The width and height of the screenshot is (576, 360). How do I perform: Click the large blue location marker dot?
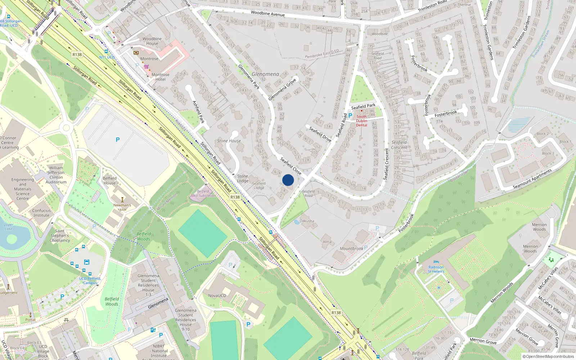288,180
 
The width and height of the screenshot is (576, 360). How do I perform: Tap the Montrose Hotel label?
160,77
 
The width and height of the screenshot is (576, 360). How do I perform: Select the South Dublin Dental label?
361,121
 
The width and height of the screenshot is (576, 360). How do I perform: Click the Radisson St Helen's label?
436,269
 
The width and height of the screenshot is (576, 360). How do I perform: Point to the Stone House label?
229,141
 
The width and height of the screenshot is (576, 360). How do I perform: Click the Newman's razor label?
122,207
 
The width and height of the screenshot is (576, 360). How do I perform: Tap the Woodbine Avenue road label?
267,14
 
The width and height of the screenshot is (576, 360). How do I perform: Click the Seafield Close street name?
291,166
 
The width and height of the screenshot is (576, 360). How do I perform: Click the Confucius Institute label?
41,213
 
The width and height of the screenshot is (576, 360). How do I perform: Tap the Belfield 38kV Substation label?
203,194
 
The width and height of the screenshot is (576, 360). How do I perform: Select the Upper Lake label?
8,227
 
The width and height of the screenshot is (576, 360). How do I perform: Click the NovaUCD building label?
217,296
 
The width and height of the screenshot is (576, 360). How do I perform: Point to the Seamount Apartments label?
532,179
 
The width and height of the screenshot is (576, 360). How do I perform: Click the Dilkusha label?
307,221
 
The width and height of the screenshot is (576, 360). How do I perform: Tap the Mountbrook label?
351,249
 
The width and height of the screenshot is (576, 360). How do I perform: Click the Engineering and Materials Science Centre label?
23,189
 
